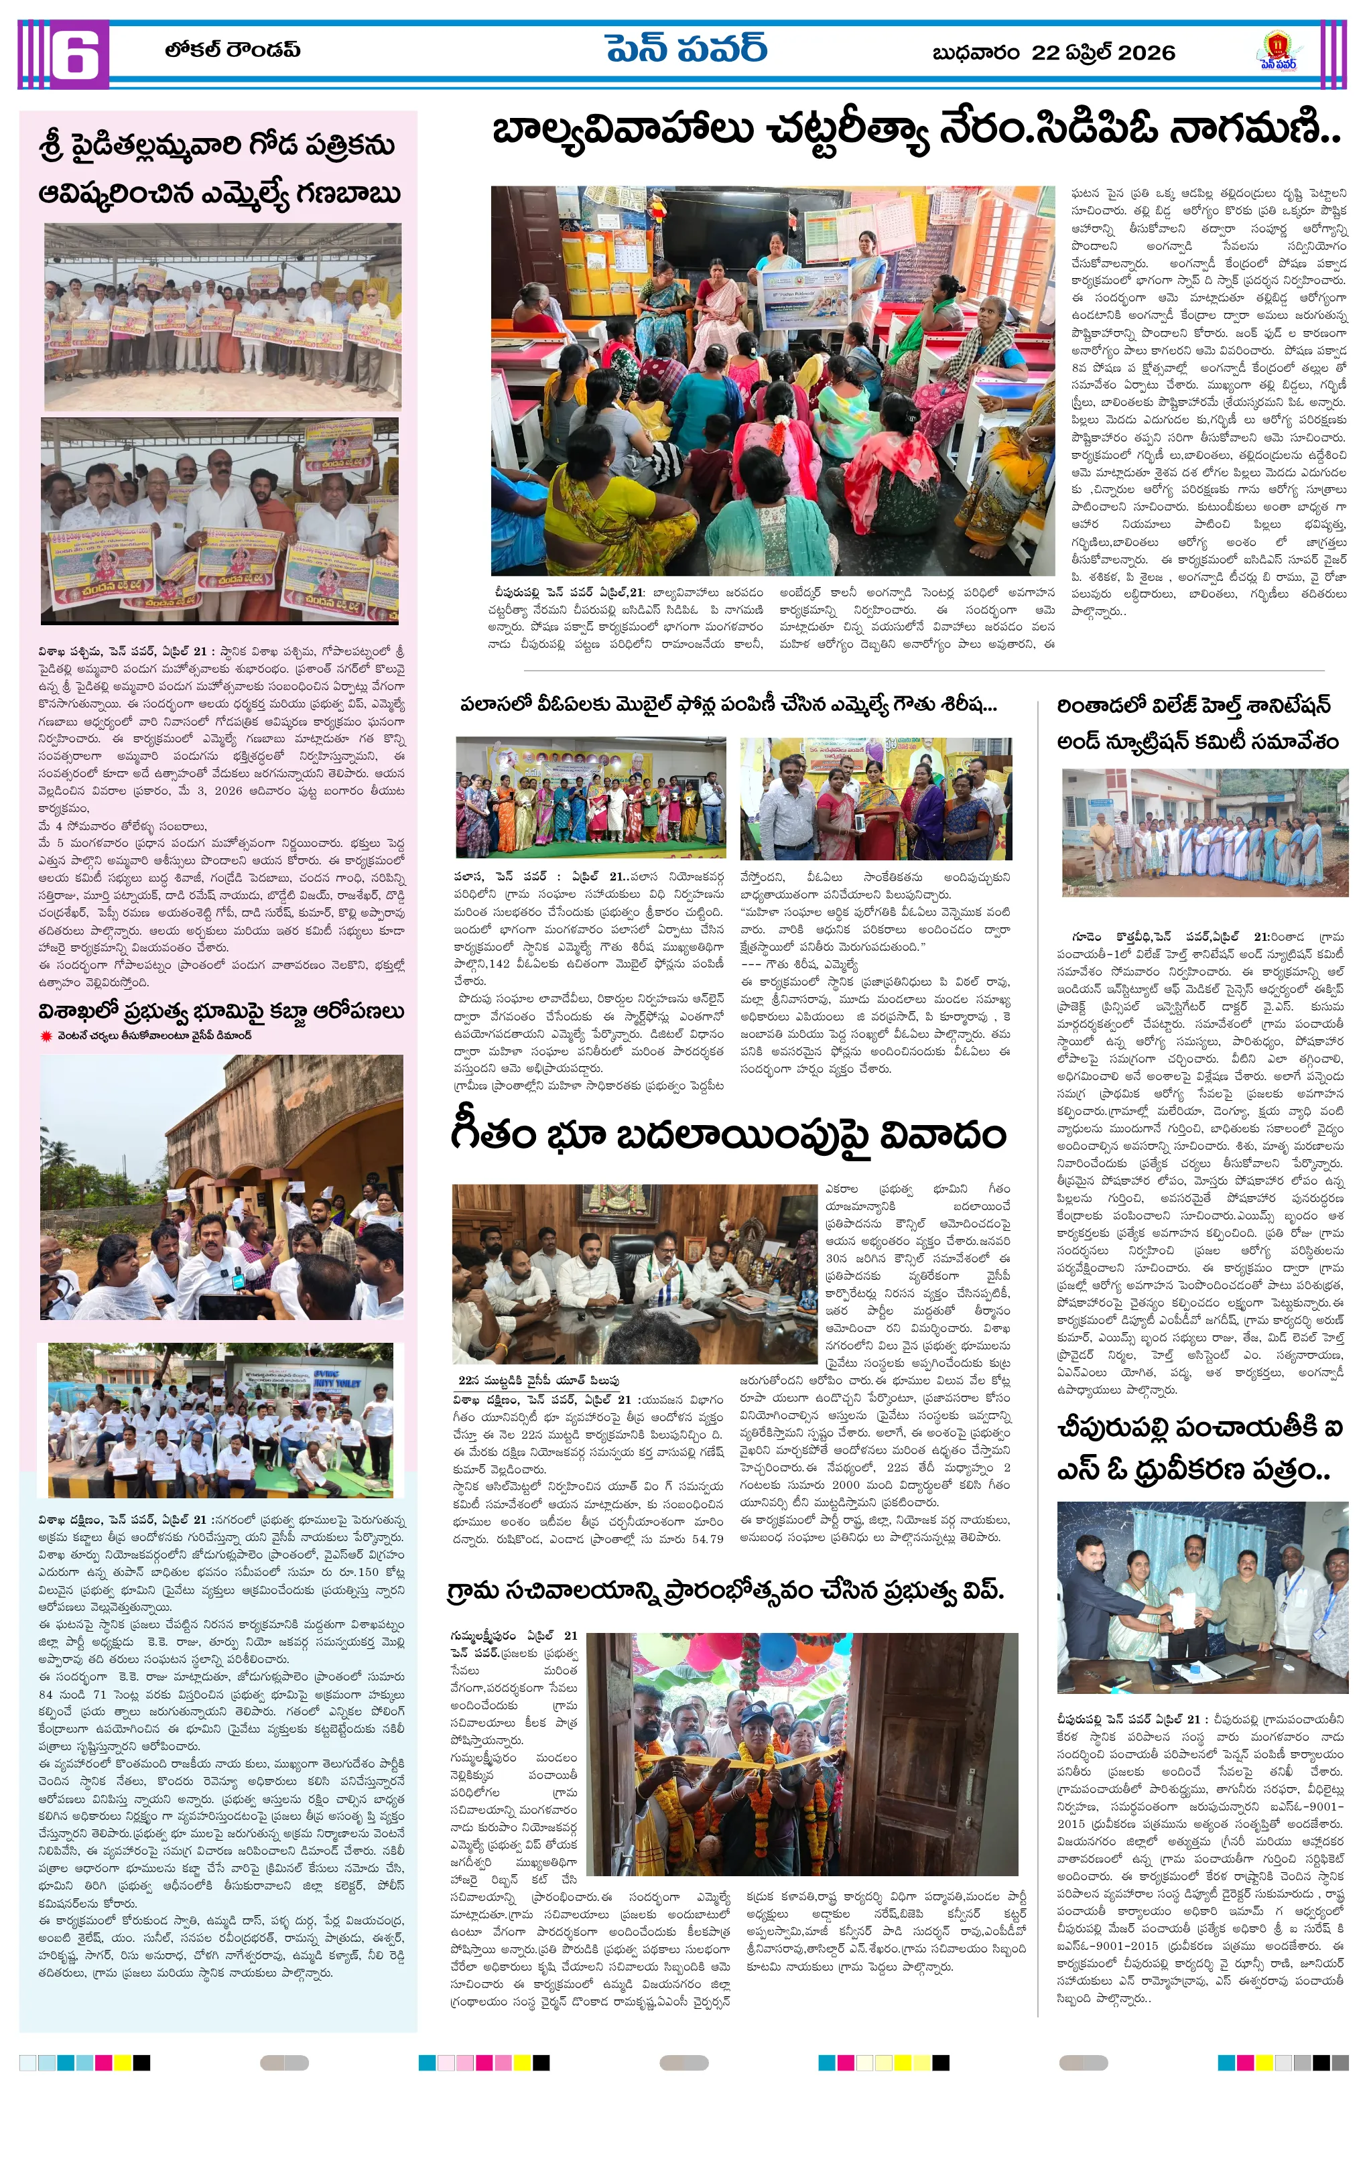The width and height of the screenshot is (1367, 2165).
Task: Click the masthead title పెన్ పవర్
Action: click(686, 50)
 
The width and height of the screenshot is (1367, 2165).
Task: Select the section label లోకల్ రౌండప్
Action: click(232, 50)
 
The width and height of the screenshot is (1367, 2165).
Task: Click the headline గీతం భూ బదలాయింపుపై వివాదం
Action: click(728, 1134)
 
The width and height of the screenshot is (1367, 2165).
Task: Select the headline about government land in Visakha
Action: click(220, 1011)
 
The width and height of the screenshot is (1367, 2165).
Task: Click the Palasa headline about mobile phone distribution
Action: click(728, 705)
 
